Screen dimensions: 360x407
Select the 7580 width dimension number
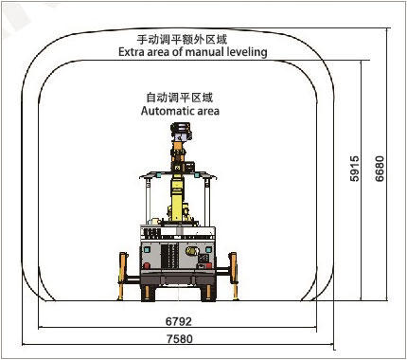pos(180,339)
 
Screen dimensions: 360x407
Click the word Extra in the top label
pos(133,52)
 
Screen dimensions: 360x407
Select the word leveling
pos(244,52)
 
